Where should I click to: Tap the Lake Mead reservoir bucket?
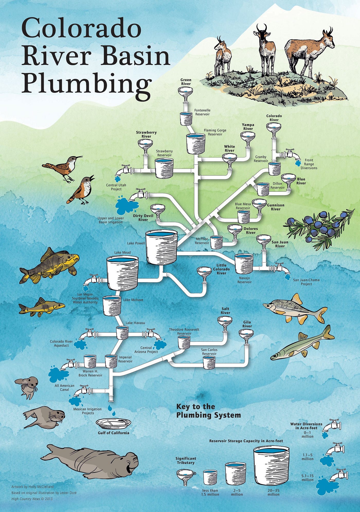122,273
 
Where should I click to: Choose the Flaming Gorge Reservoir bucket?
196,144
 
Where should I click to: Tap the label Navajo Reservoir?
244,280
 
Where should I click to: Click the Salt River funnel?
225,322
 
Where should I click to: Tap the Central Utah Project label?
116,187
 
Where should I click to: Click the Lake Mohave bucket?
112,305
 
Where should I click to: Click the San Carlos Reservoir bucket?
209,362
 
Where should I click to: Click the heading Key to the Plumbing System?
208,411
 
